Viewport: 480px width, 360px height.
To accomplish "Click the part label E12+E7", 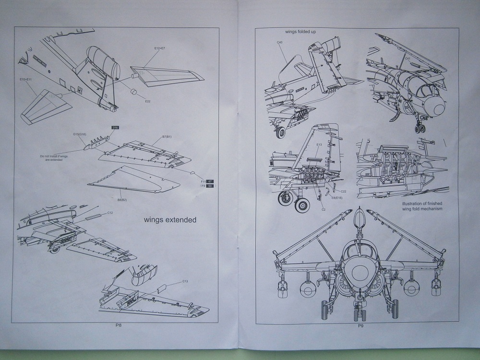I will [x=160, y=48].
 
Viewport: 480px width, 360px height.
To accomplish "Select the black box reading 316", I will [x=115, y=127].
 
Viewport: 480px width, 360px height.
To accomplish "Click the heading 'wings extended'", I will [x=170, y=220].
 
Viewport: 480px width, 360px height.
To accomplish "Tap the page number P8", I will [x=119, y=325].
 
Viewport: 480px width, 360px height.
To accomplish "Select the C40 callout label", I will [x=280, y=43].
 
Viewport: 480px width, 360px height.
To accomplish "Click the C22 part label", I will [x=344, y=191].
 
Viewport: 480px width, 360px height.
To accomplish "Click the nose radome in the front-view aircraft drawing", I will [x=360, y=273].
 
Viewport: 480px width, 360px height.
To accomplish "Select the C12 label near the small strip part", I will [x=110, y=212].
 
